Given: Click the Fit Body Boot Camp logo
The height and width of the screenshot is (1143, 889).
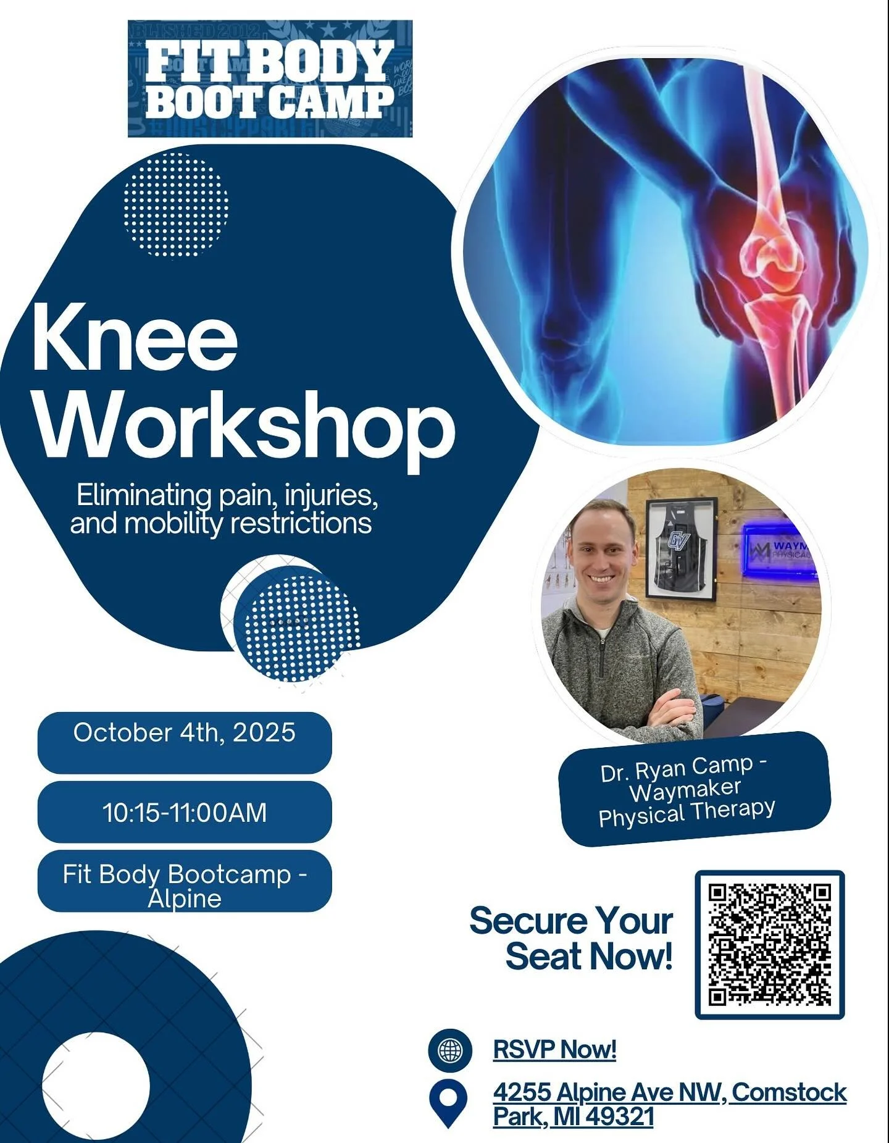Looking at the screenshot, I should pyautogui.click(x=270, y=78).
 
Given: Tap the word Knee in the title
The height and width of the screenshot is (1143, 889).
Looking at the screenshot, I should pyautogui.click(x=135, y=338).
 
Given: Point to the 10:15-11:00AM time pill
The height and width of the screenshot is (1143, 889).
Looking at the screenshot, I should pyautogui.click(x=185, y=811).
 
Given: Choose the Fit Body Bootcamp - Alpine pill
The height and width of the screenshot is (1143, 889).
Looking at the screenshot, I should pyautogui.click(x=185, y=881).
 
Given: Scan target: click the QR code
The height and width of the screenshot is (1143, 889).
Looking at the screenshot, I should pyautogui.click(x=769, y=944).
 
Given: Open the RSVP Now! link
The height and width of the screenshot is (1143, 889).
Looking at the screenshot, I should pyautogui.click(x=554, y=1049).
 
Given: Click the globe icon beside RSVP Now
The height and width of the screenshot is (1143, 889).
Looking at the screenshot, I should pyautogui.click(x=450, y=1050).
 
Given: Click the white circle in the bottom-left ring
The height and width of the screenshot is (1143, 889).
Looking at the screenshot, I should pyautogui.click(x=96, y=1086).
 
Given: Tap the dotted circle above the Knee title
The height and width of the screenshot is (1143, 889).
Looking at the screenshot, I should pyautogui.click(x=176, y=204).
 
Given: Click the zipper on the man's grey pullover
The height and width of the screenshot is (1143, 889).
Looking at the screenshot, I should pyautogui.click(x=601, y=661).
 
